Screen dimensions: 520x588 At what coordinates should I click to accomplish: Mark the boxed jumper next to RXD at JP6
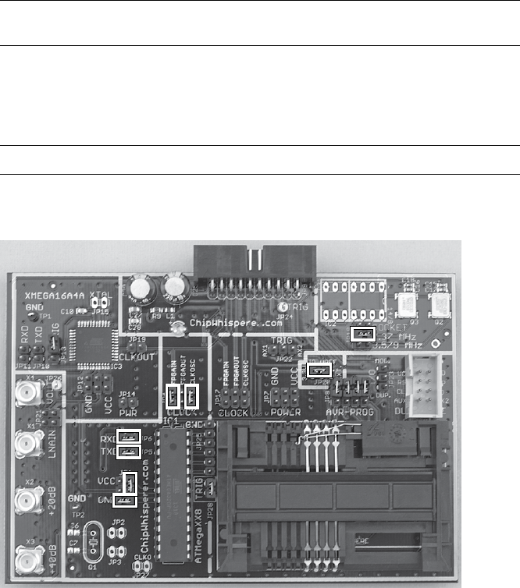(x=128, y=436)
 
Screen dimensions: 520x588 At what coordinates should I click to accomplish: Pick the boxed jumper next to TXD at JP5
(x=128, y=452)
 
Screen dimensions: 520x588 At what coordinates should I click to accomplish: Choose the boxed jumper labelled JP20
(x=318, y=370)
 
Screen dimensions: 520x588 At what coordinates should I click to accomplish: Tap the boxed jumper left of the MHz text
(x=363, y=333)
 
